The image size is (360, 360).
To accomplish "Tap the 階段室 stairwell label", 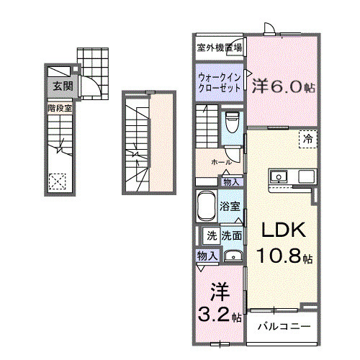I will click(60, 108).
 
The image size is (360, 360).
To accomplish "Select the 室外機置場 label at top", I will click(219, 48).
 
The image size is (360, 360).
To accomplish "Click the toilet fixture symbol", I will click(231, 123).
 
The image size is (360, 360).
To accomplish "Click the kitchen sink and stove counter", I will click(291, 176).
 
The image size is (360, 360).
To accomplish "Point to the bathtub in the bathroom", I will click(207, 208).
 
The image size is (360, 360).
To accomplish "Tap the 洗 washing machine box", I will click(212, 235).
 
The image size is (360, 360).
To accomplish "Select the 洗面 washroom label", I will click(231, 235).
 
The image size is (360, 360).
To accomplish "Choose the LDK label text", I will click(284, 230).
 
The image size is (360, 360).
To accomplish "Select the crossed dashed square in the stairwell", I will click(56, 182).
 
